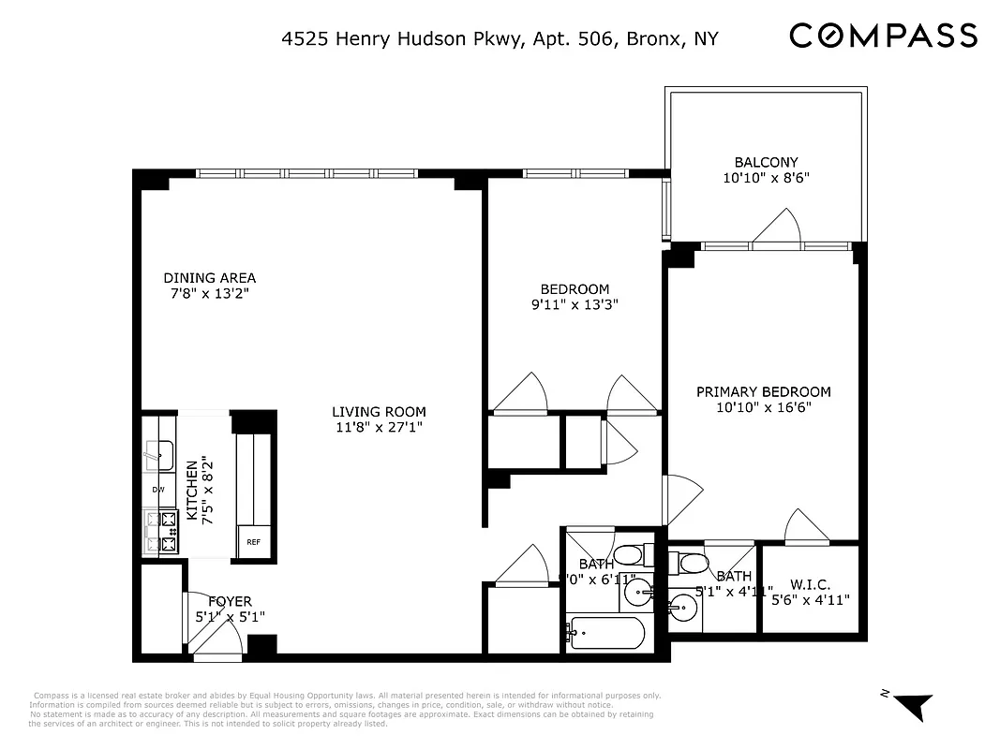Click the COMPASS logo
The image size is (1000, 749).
(x=883, y=37)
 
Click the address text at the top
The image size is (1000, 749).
(x=500, y=38)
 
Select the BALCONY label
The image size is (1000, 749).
(x=766, y=162)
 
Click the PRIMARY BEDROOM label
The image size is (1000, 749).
(x=763, y=391)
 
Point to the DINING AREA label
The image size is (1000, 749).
(x=209, y=278)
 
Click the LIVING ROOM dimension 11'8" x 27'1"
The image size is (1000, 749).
(x=379, y=427)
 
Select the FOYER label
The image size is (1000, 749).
(x=230, y=601)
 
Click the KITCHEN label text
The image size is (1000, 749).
(x=192, y=490)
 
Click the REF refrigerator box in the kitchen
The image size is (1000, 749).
(x=254, y=542)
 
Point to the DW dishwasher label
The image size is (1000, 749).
(x=158, y=489)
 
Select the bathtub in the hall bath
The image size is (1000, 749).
(x=606, y=633)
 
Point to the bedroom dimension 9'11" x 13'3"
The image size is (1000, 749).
(x=575, y=304)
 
